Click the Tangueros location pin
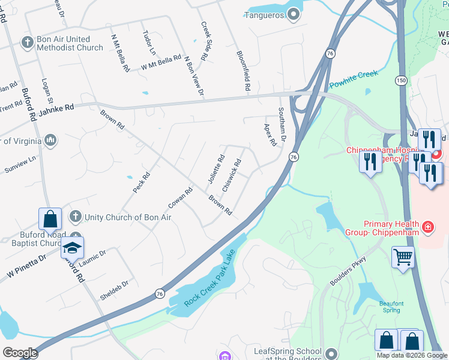click(294, 14)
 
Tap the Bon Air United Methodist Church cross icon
click(27, 43)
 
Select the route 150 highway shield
click(400, 80)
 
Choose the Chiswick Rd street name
click(232, 176)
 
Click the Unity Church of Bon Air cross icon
click(76, 216)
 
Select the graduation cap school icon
click(72, 248)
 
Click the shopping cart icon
click(403, 257)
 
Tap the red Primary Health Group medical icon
click(427, 227)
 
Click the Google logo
click(20, 353)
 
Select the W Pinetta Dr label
click(26, 266)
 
